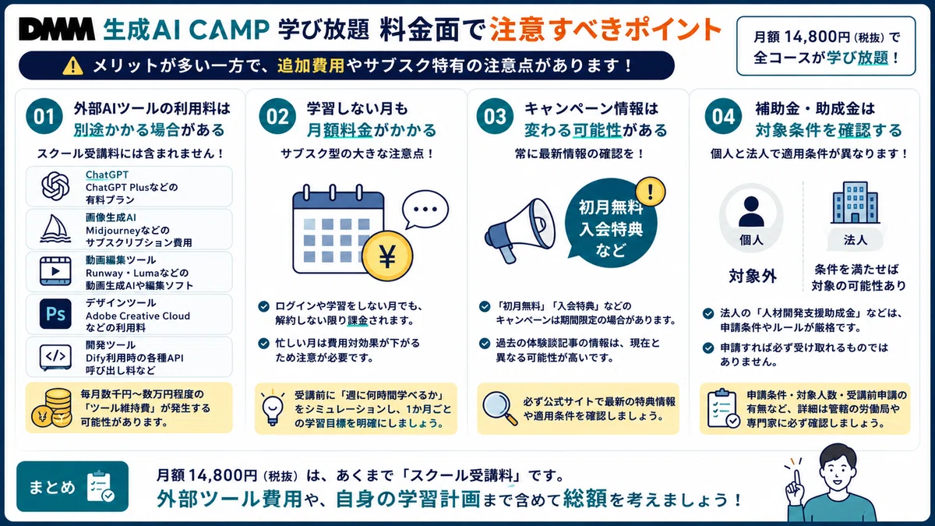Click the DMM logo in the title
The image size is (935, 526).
[57, 30]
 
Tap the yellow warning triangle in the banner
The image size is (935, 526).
[72, 65]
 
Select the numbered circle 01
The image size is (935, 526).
[44, 116]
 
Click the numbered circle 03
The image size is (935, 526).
[495, 116]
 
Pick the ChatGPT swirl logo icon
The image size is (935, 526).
[55, 186]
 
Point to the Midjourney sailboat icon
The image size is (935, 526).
[55, 229]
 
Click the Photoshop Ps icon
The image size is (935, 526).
[55, 314]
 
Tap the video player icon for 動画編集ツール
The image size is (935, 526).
[55, 271]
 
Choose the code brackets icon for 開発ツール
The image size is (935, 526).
[55, 357]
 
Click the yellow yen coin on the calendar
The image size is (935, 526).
[387, 256]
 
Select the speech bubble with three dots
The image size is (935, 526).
[425, 209]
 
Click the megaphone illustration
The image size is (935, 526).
[520, 231]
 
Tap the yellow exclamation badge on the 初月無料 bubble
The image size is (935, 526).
[651, 192]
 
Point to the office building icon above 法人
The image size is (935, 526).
[856, 203]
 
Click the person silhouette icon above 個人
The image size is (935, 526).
[751, 211]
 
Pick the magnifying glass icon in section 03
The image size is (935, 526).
[499, 408]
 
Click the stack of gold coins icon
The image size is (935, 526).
[51, 408]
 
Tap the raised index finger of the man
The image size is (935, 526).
[796, 481]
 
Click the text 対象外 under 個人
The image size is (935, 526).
[753, 276]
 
